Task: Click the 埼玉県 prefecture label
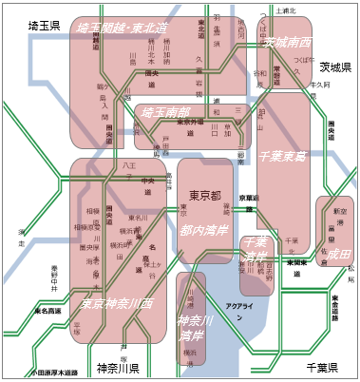pos(44,25)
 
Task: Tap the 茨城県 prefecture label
pos(334,67)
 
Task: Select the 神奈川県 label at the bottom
pos(118,368)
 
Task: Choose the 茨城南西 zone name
pos(287,43)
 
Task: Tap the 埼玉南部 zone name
pos(166,112)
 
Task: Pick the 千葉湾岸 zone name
pos(255,250)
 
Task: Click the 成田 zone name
pos(338,255)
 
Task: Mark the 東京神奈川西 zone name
pos(117,304)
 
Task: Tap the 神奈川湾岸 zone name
pos(194,328)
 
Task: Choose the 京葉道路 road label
pos(248,197)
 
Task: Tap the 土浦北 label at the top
pos(285,10)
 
